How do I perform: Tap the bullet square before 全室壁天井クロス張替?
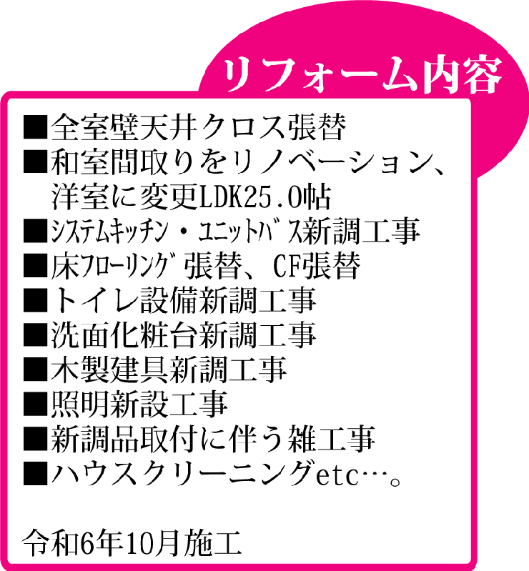pos(35,127)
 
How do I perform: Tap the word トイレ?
pos(95,301)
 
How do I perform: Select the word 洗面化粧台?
pos(124,335)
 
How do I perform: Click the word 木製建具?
pos(109,369)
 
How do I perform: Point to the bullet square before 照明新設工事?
pos(35,404)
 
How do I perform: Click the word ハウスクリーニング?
pos(183,472)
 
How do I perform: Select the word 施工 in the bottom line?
pos(212,544)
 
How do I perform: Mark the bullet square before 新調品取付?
pos(35,438)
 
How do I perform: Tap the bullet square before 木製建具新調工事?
pos(35,369)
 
